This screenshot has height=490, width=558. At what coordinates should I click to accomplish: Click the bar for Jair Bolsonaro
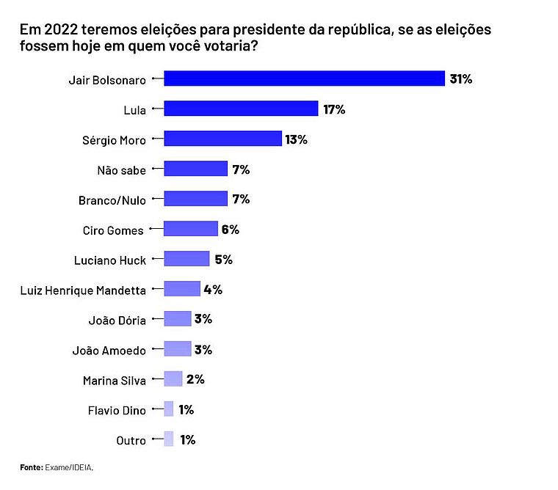[304, 78]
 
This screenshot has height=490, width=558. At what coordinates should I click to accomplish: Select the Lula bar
[241, 109]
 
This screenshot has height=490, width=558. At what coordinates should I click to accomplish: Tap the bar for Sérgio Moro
[222, 139]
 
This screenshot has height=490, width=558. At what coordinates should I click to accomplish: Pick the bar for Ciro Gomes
[190, 229]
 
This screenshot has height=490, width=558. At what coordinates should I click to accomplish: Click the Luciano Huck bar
[186, 259]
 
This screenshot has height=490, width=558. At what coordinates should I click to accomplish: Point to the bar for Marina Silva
[173, 379]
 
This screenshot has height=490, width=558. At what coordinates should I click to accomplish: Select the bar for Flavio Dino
[168, 409]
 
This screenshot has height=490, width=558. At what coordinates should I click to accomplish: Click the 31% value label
[461, 79]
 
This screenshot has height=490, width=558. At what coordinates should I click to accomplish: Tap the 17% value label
[333, 109]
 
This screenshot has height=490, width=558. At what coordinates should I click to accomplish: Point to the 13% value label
[297, 139]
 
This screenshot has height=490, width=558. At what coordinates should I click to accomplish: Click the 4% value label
[213, 289]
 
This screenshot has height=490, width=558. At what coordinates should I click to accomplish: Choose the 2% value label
[195, 379]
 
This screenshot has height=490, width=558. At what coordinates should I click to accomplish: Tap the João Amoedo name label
[109, 350]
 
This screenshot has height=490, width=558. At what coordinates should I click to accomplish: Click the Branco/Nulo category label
[112, 200]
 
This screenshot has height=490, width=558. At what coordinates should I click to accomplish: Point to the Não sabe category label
[121, 169]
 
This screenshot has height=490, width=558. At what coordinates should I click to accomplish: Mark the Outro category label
[131, 440]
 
